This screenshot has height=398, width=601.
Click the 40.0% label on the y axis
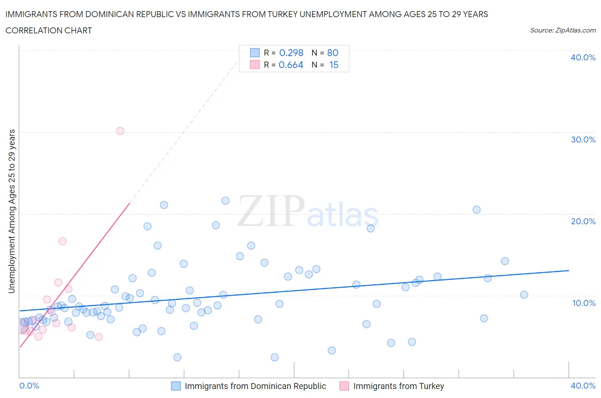(583, 57)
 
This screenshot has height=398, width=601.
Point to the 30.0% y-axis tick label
(583, 140)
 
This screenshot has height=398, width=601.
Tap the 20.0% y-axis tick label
(583, 221)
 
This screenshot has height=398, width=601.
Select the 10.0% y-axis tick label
(583, 303)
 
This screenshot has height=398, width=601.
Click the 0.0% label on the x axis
(29, 386)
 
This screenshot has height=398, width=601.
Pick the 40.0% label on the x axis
(583, 386)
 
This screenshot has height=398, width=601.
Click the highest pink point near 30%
(120, 131)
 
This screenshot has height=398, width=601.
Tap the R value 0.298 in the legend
(291, 53)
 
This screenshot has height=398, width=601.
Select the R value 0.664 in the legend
(291, 65)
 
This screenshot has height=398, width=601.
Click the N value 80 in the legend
(333, 53)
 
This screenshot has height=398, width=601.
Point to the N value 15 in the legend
(333, 65)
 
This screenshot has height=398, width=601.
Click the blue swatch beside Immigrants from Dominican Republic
(176, 386)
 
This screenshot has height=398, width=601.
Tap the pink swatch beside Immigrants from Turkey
(344, 386)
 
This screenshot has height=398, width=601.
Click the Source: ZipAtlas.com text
(563, 30)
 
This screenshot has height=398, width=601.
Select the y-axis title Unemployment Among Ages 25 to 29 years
(12, 211)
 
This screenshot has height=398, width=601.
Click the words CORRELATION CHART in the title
(49, 30)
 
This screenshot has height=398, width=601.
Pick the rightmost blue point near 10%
(524, 294)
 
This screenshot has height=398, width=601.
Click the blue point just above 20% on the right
(477, 210)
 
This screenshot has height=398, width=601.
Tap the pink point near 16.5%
(62, 241)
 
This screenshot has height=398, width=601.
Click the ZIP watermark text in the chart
(271, 211)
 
